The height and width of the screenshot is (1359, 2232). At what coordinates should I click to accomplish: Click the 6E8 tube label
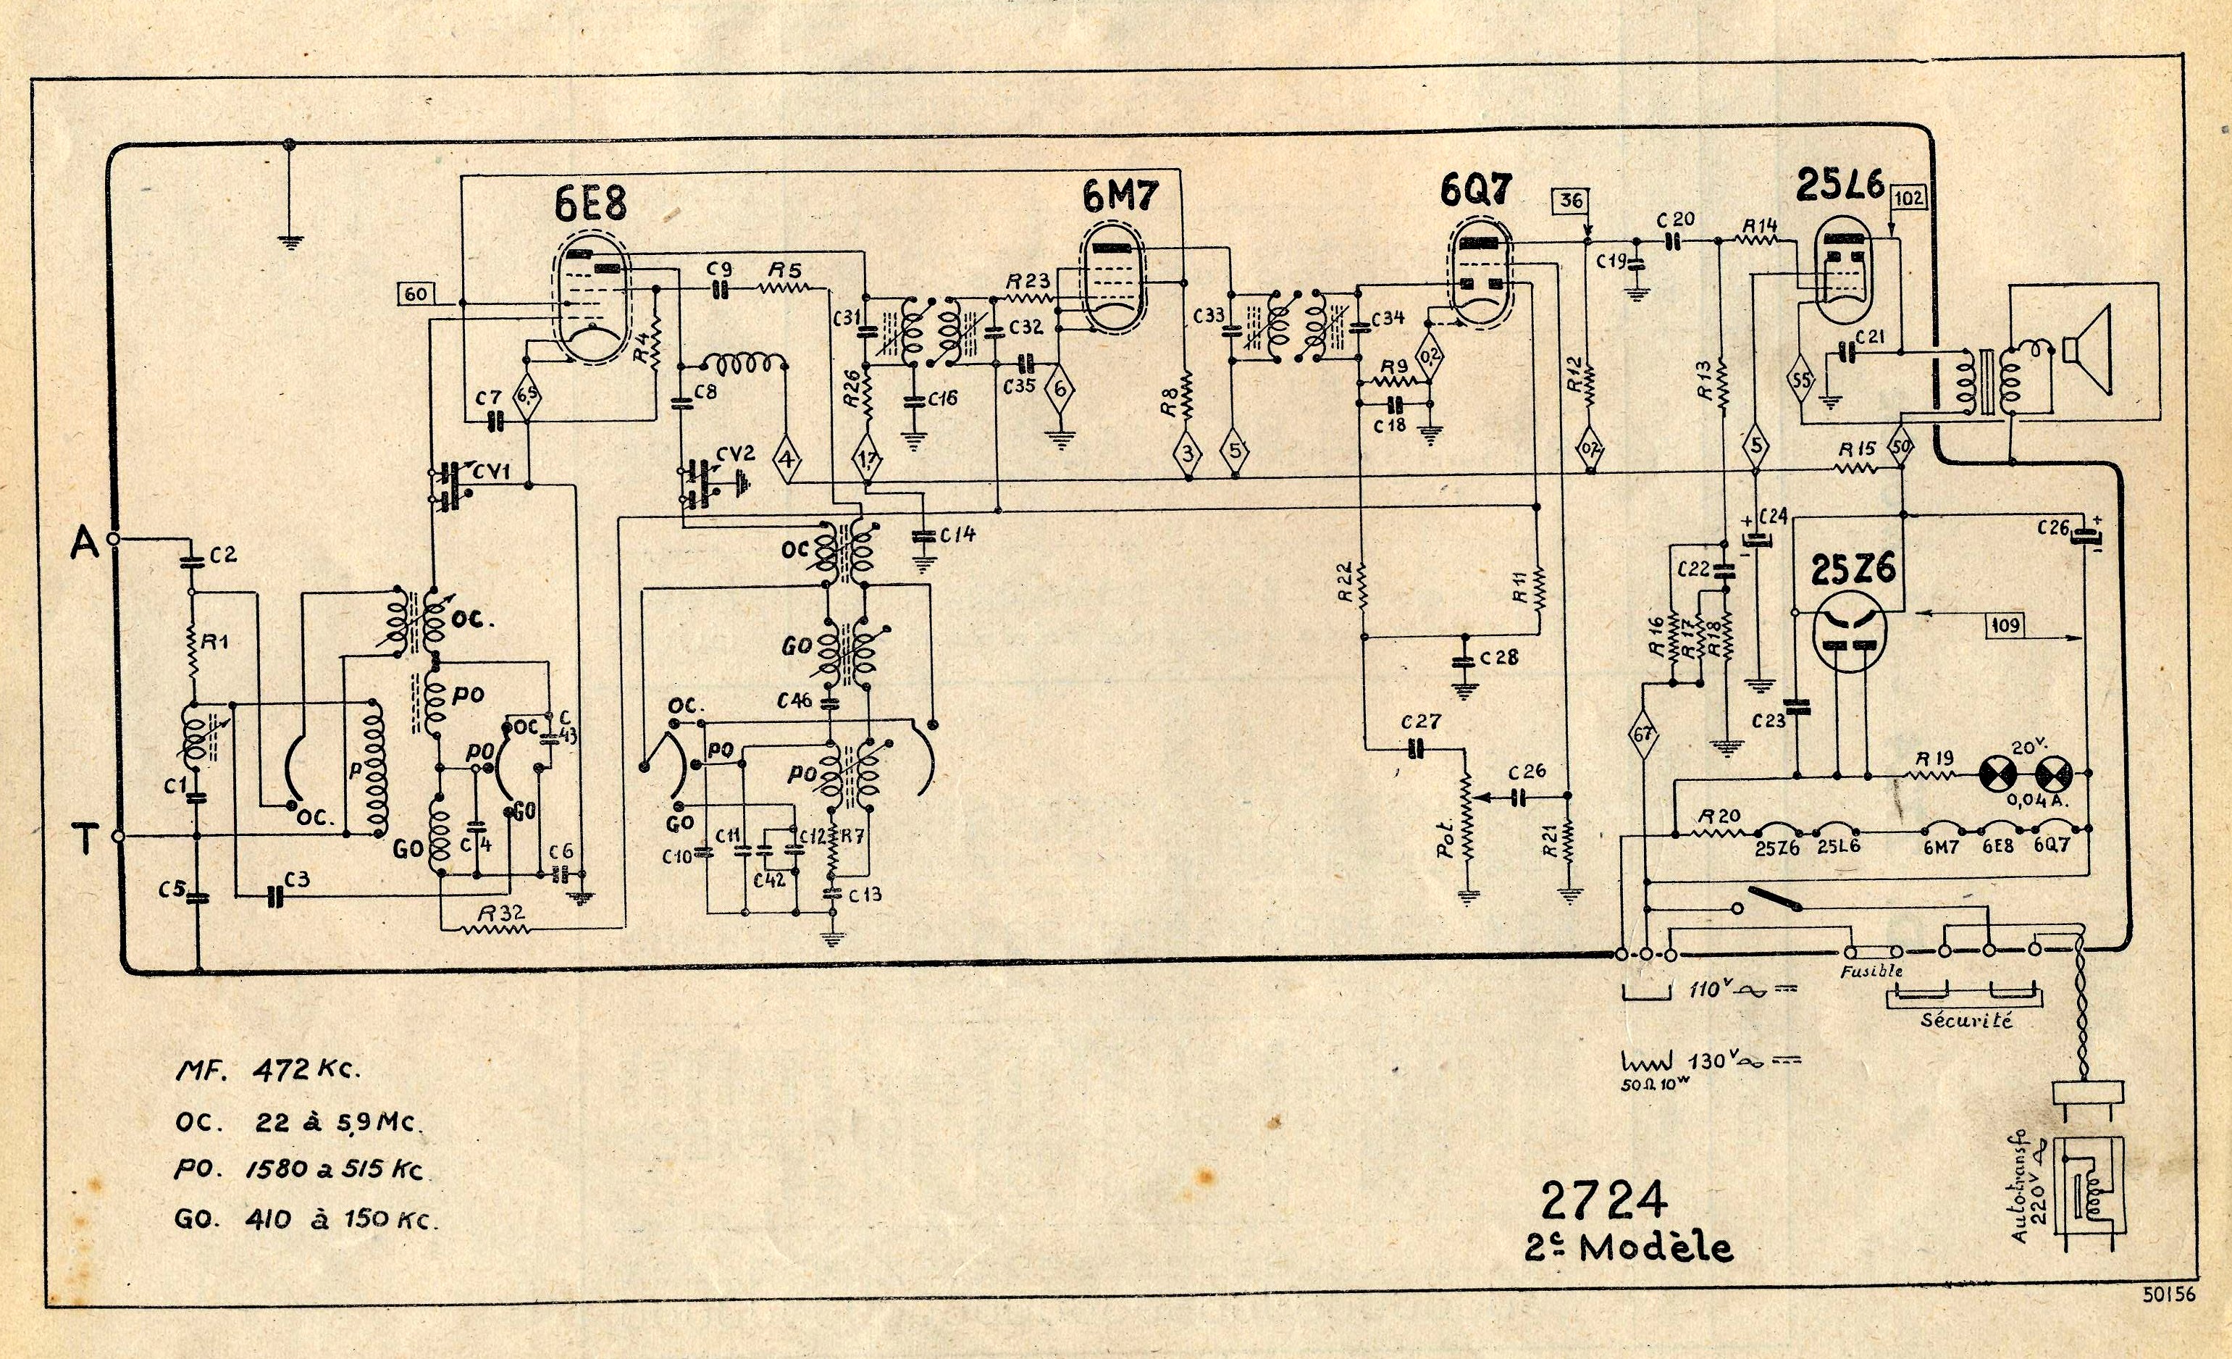pyautogui.click(x=591, y=203)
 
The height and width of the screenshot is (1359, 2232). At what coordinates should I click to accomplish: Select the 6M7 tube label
pyautogui.click(x=1120, y=196)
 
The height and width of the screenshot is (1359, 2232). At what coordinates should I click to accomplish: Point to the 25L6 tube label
pyautogui.click(x=1839, y=185)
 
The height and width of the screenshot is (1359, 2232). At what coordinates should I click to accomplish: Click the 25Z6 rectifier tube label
pyautogui.click(x=1853, y=569)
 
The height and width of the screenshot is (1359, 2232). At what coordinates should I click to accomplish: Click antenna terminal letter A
pyautogui.click(x=83, y=543)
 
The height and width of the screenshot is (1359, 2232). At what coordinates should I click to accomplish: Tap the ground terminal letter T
pyautogui.click(x=85, y=839)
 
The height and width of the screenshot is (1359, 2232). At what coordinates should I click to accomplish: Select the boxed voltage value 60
pyautogui.click(x=416, y=293)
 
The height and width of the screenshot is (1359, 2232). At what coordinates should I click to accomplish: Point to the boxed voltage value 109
pyautogui.click(x=2005, y=624)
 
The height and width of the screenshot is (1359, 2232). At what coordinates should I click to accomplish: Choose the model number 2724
pyautogui.click(x=1604, y=1200)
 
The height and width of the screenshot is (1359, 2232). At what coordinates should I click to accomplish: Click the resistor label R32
pyautogui.click(x=501, y=913)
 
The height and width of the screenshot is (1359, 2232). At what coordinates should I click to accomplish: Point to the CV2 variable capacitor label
pyautogui.click(x=734, y=453)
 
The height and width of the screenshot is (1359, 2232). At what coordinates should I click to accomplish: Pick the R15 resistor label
pyautogui.click(x=1857, y=449)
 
